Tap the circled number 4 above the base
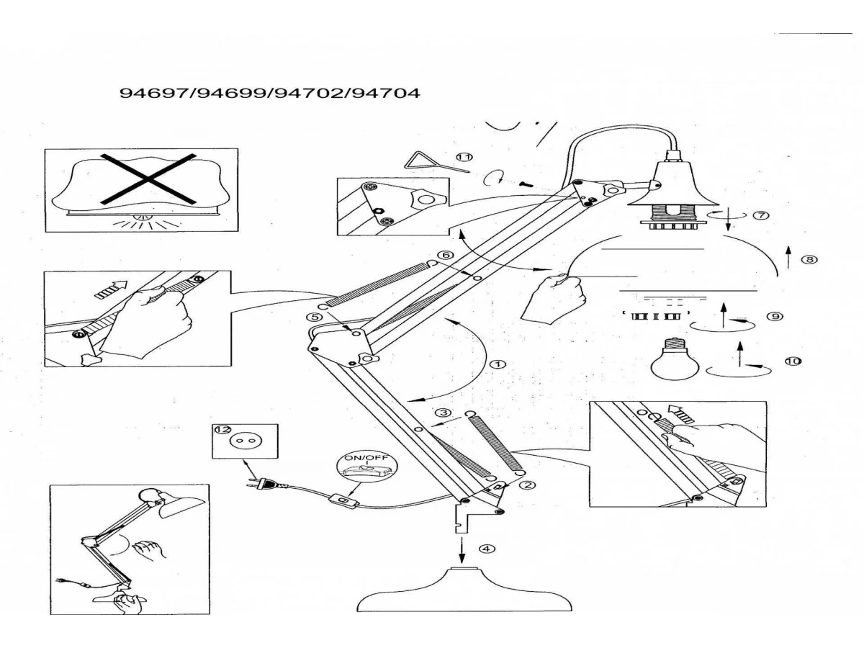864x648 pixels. tap(487, 549)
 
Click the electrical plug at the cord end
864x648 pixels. tap(261, 485)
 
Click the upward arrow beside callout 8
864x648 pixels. tap(788, 256)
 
